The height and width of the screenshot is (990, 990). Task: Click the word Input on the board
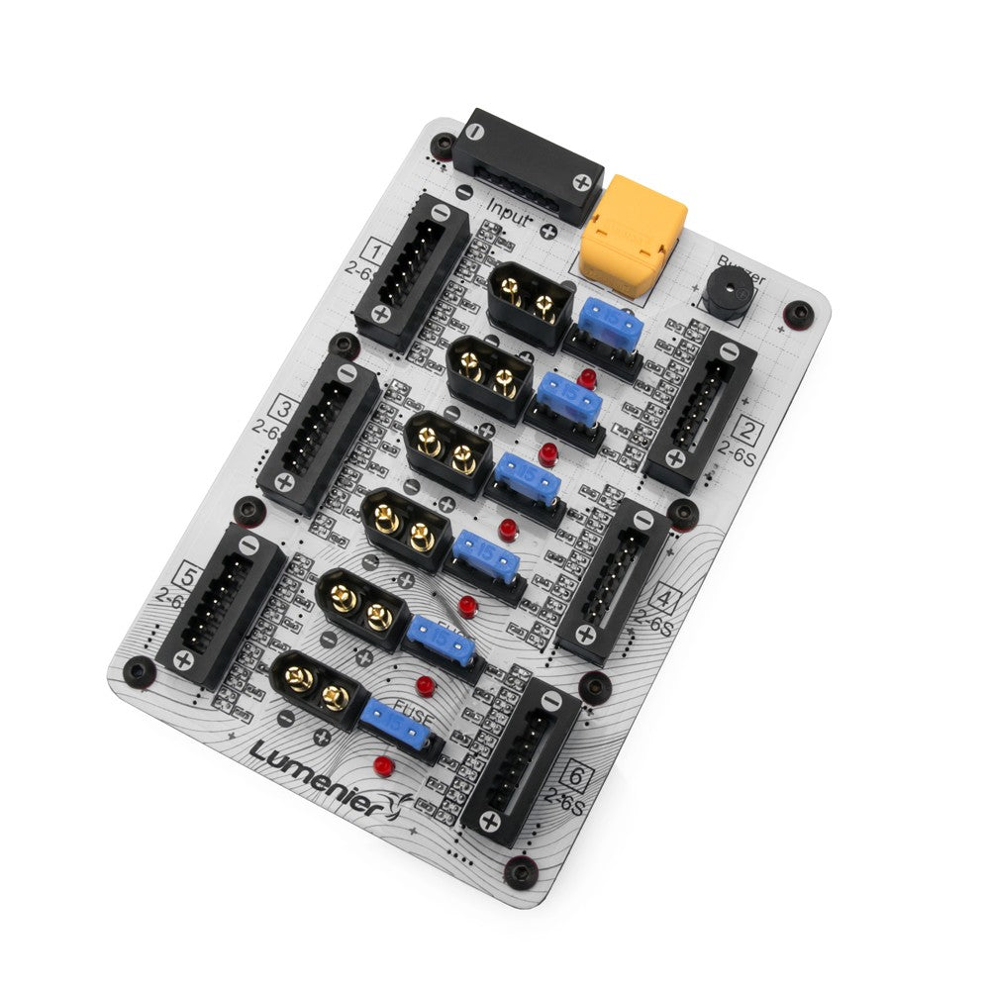point(509,212)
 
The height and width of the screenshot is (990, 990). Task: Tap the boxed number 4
point(666,597)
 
